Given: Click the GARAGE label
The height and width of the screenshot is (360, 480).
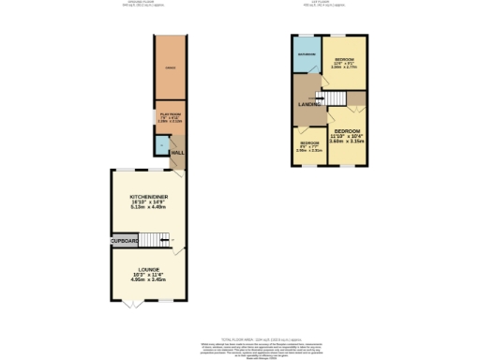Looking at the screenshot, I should click(x=171, y=69).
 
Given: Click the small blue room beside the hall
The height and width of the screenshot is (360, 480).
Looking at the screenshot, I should click(x=162, y=146).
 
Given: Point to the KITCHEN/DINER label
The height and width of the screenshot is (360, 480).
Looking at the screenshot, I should click(x=150, y=197).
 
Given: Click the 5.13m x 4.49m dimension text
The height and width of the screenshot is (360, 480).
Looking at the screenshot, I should click(x=150, y=208).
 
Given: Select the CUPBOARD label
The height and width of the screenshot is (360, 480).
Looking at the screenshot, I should click(x=125, y=241).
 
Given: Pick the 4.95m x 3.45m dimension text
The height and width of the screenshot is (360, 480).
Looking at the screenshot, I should click(x=150, y=278).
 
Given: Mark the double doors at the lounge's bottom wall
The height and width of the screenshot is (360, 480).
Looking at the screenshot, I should click(x=132, y=305).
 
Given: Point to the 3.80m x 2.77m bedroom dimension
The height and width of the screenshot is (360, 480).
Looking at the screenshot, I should click(x=345, y=67).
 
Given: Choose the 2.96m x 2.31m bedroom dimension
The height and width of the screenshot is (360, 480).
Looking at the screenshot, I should click(x=310, y=151).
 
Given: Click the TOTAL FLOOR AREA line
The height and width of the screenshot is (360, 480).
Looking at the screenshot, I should click(x=240, y=338).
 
